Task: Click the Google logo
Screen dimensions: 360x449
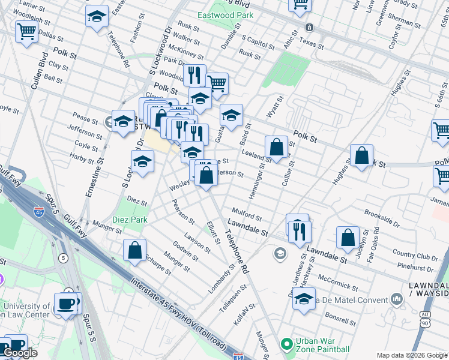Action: pos(20,353)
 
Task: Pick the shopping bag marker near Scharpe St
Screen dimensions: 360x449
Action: pos(135,250)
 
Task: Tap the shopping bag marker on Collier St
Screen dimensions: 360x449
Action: pos(276,146)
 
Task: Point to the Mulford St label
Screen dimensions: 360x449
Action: pos(247,214)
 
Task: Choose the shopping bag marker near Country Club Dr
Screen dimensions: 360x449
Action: pos(348,237)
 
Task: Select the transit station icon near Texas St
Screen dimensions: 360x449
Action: pos(309,27)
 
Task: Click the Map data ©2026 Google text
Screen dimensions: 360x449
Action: pos(412,355)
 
